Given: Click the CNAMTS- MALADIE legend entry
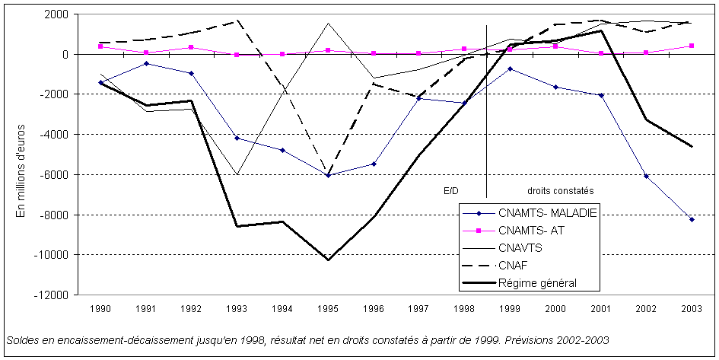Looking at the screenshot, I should (547, 212).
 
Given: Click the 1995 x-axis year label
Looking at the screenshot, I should (328, 310).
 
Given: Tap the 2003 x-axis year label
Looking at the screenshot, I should (692, 310).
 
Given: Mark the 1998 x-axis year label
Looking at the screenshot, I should (464, 310).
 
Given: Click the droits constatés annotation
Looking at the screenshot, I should (560, 190).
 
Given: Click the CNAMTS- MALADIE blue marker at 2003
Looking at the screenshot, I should (692, 219).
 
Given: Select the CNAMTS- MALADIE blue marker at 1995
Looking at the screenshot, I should (328, 175).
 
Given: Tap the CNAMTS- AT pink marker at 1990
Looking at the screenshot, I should (100, 46).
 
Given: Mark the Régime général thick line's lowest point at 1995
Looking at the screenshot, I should (328, 260).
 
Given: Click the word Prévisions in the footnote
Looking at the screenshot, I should (530, 339).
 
